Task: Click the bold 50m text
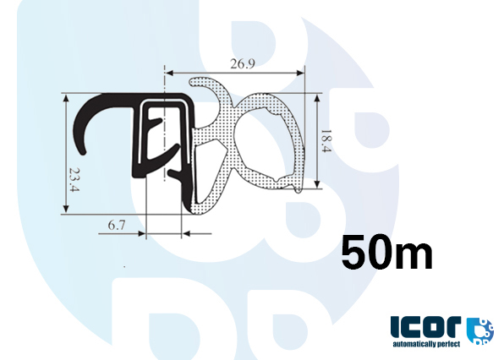[386, 252]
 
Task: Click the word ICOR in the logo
[426, 328]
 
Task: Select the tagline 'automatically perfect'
[428, 344]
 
